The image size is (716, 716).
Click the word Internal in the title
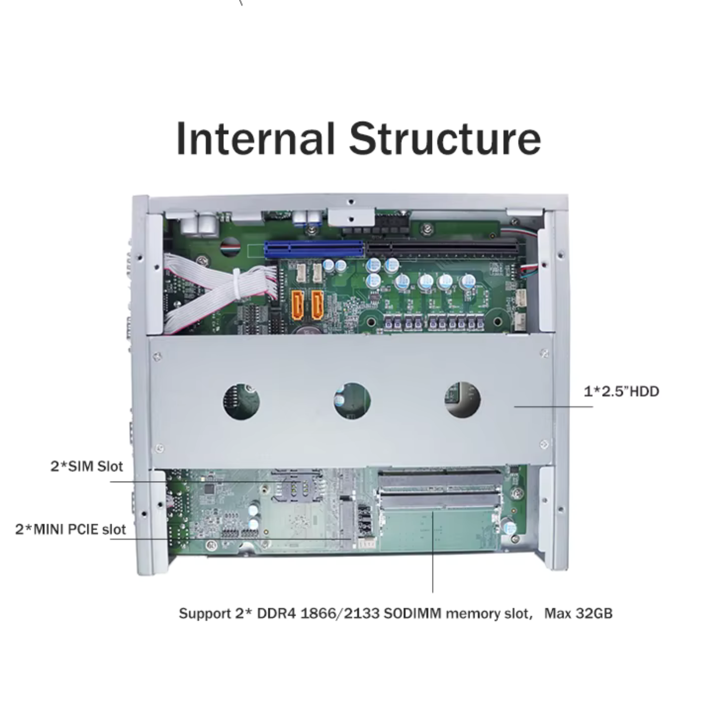[x=255, y=138]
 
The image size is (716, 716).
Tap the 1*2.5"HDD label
[x=621, y=391]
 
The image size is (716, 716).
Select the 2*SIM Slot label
[x=87, y=466]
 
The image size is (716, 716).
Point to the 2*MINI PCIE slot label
[x=71, y=529]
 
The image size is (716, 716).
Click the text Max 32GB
[x=578, y=613]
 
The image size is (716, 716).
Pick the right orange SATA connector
[x=317, y=305]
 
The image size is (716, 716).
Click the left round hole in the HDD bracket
[x=242, y=401]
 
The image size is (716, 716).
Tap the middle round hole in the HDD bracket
[x=352, y=401]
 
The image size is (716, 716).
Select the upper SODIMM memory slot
[x=440, y=479]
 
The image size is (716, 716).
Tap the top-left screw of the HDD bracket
[x=157, y=356]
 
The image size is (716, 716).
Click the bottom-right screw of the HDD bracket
[x=544, y=444]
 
